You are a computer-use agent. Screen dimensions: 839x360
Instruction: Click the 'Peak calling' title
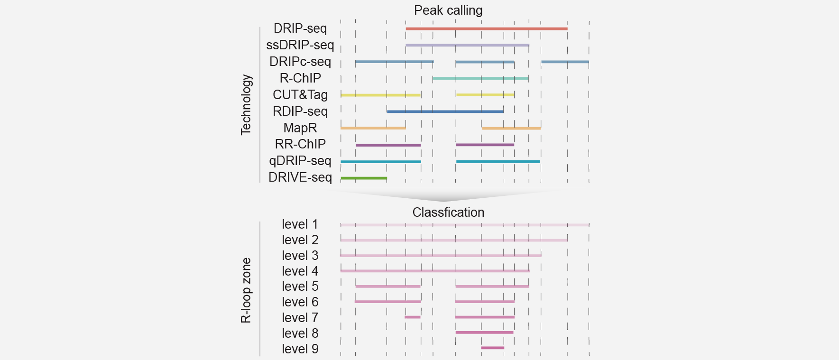[x=448, y=10]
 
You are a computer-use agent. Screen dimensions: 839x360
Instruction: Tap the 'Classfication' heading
[x=448, y=212]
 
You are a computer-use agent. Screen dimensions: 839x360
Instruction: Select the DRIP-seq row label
[x=300, y=28]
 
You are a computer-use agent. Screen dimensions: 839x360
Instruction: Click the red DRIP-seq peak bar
[x=487, y=29]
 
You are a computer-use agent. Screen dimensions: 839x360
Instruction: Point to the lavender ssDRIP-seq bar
[x=467, y=46]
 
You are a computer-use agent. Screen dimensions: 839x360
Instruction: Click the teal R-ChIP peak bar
[x=480, y=78]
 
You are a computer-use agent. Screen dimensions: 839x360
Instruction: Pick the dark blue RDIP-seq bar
[x=445, y=111]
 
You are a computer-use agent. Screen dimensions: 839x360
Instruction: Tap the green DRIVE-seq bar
[x=364, y=178]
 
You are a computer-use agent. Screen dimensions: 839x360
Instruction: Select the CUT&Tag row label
[x=300, y=95]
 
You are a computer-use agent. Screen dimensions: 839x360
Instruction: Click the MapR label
[x=300, y=128]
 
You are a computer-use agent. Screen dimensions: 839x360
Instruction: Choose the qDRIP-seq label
[x=300, y=161]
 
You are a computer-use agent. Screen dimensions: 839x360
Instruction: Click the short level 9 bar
[x=492, y=348]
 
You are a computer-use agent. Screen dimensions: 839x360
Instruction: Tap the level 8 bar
[x=484, y=332]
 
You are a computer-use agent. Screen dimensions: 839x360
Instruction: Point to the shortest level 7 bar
[x=412, y=317]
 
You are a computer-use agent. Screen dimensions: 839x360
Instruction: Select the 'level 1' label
[x=300, y=224]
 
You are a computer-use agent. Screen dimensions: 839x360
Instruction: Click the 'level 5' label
[x=300, y=286]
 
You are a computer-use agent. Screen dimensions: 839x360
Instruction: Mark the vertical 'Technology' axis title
[x=246, y=105]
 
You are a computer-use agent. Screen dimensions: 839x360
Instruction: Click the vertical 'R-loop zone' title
[x=246, y=290]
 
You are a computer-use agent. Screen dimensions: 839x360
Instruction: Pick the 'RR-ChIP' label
[x=300, y=144]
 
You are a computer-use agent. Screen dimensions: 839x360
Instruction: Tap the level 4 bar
[x=435, y=271]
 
